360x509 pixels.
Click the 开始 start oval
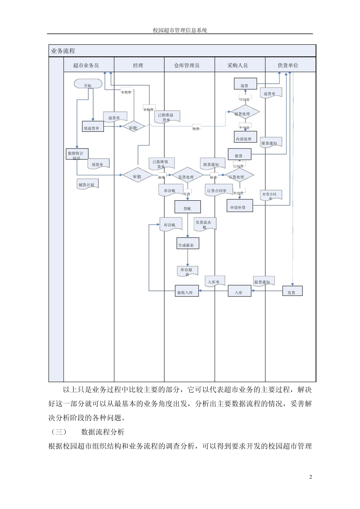88,85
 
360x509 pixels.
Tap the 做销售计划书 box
77,154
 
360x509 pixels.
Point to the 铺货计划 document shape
88,184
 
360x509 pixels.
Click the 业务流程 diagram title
63,51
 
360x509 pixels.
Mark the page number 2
311,477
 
